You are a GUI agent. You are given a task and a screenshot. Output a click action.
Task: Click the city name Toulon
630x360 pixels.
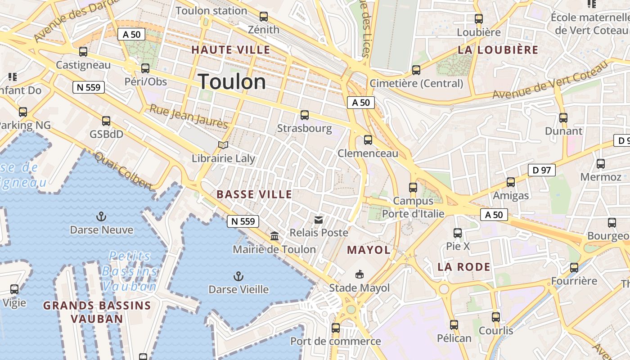pos(232,82)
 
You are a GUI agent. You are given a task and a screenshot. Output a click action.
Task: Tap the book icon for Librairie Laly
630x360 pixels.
pos(223,145)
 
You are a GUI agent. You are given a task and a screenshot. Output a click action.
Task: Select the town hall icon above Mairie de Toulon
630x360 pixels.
pos(274,236)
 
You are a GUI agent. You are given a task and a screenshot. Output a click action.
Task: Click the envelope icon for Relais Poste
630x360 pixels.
pos(319,220)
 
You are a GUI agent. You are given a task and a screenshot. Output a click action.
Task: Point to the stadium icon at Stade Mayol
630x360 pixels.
pos(360,274)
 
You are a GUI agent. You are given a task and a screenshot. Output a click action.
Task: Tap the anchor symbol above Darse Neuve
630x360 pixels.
pos(101,217)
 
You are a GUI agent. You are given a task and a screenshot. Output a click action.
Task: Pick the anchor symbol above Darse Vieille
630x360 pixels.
pos(238,276)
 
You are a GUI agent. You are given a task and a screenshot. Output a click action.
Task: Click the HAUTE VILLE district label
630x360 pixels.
pos(231,50)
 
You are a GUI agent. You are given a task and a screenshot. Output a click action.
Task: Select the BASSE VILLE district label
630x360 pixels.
pos(254,194)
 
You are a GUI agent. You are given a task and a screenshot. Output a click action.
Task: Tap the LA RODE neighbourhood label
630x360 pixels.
pos(464,267)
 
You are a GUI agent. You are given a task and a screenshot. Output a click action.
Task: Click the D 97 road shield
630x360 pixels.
pos(541,170)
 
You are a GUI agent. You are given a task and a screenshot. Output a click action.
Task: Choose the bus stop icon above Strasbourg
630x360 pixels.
pos(305,115)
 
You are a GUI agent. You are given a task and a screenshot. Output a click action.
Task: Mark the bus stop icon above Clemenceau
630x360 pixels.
pos(368,140)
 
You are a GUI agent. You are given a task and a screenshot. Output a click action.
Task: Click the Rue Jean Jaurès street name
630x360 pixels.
pos(189,117)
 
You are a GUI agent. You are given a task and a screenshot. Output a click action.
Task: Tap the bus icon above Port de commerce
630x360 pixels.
pos(336,328)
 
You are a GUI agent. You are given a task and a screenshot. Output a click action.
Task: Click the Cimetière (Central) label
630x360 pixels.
pos(416,83)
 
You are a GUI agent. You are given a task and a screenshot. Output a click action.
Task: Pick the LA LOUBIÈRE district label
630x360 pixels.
pos(498,50)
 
